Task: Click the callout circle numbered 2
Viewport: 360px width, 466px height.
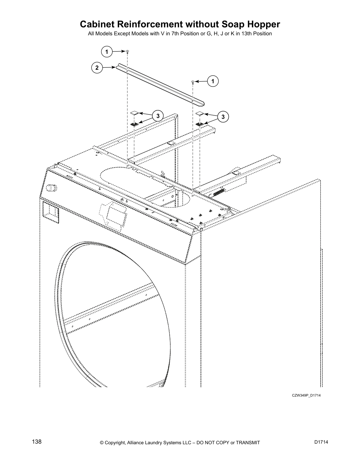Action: click(x=96, y=68)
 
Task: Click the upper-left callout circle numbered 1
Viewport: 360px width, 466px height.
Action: click(x=107, y=52)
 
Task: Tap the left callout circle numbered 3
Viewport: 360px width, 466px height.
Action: click(x=158, y=116)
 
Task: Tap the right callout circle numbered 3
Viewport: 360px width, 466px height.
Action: click(x=223, y=117)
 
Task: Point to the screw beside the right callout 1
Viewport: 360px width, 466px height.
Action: click(x=193, y=82)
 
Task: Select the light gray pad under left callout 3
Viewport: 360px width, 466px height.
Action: click(x=134, y=113)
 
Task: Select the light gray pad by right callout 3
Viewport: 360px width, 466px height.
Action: click(x=200, y=114)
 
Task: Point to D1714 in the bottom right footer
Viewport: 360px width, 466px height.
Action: click(x=321, y=442)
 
